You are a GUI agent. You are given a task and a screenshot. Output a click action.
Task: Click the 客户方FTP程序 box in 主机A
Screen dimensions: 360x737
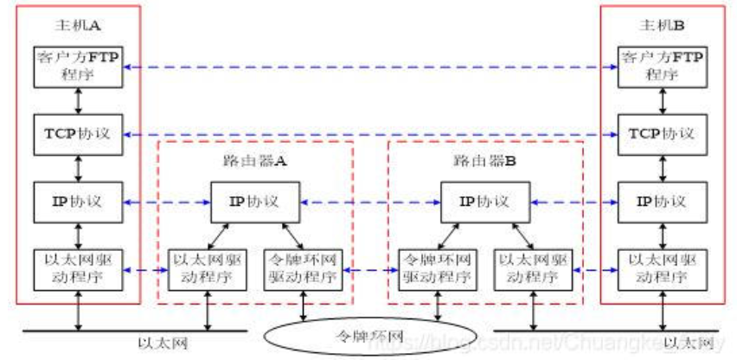pyautogui.click(x=79, y=66)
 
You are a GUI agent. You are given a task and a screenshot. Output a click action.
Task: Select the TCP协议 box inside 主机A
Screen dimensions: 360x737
pyautogui.click(x=79, y=135)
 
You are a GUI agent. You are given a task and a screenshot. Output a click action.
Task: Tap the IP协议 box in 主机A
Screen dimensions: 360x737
pyautogui.click(x=79, y=202)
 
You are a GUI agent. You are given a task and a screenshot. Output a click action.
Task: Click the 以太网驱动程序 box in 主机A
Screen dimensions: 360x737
pyautogui.click(x=79, y=270)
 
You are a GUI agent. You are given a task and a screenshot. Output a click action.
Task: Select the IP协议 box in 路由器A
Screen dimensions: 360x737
pyautogui.click(x=255, y=202)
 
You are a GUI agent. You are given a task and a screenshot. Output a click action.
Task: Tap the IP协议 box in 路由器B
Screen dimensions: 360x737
pyautogui.click(x=484, y=202)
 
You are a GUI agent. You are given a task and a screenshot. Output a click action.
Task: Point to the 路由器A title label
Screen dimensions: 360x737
pyautogui.click(x=255, y=161)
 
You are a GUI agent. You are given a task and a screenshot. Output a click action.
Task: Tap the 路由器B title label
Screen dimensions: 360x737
pyautogui.click(x=484, y=161)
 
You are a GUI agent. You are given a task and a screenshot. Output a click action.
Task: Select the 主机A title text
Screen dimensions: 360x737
pyautogui.click(x=79, y=24)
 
